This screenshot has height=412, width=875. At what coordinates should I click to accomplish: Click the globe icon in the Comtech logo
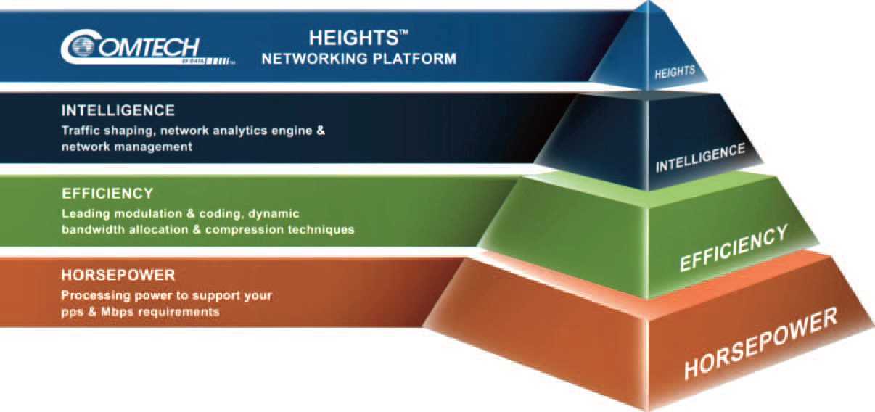click(83, 46)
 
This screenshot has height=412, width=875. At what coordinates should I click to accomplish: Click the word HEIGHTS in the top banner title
click(353, 38)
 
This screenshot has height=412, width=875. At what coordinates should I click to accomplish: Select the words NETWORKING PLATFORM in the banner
click(358, 59)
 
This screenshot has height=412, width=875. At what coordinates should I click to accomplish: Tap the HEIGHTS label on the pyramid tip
click(675, 72)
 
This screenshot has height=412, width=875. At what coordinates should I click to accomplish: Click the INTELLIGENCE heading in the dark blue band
click(118, 110)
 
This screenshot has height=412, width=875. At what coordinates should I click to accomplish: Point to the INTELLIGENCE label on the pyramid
click(700, 157)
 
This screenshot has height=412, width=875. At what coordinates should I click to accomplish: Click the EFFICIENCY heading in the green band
click(107, 194)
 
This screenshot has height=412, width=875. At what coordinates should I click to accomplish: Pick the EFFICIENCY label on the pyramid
click(734, 248)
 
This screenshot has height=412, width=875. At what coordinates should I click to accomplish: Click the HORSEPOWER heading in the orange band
click(118, 275)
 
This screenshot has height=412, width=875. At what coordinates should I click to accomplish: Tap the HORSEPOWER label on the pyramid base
click(761, 343)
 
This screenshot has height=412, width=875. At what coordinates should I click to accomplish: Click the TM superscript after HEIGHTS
click(403, 32)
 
